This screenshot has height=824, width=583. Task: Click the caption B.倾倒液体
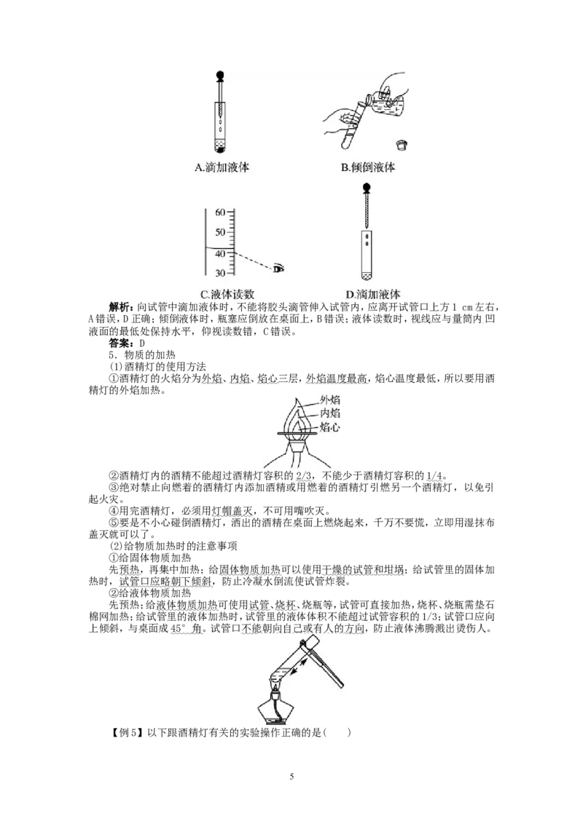(x=368, y=167)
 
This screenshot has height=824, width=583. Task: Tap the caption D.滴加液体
(x=374, y=295)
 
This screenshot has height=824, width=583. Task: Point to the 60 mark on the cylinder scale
(x=220, y=213)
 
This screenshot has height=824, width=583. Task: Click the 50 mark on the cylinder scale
(x=220, y=232)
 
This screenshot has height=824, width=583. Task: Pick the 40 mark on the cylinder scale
(x=220, y=253)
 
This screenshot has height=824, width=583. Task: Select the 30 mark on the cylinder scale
(x=220, y=272)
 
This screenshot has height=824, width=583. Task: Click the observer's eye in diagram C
(x=278, y=269)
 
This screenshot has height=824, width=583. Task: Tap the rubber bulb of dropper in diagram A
(x=220, y=75)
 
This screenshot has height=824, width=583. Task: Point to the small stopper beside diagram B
(x=401, y=143)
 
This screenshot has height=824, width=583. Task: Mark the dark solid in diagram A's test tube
(x=220, y=150)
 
